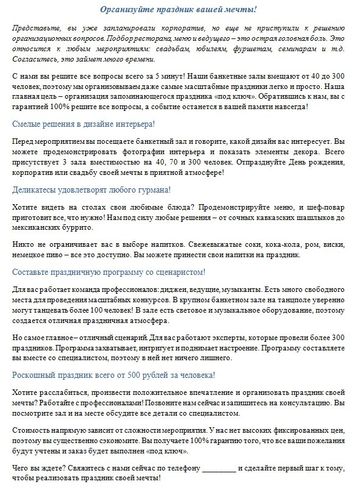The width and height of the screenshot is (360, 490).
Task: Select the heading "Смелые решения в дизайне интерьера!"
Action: click(x=83, y=124)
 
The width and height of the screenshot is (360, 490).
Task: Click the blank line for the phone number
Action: click(x=218, y=468)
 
